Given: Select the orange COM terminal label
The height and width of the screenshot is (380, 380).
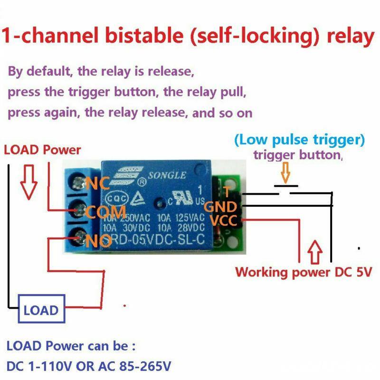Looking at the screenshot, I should coord(105,212).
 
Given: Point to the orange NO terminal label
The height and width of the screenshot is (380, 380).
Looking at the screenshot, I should coord(99,241).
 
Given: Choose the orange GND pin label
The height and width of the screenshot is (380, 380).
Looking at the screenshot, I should coord(219,207).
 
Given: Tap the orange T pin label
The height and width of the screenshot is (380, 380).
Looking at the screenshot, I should coord(227,192).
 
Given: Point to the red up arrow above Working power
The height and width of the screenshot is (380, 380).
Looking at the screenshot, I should coord(316,252).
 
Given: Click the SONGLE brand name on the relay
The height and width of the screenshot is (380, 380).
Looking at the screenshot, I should coord(167,175).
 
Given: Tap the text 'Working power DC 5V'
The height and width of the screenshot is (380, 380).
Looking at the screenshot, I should coord(304,272).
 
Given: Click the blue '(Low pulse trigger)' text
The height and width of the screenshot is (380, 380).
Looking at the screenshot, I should coord(299,140).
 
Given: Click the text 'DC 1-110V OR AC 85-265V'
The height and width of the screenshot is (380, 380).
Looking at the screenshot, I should coord(89,367).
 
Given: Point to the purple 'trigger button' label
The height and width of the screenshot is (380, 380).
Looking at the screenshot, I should coord(297,155).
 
